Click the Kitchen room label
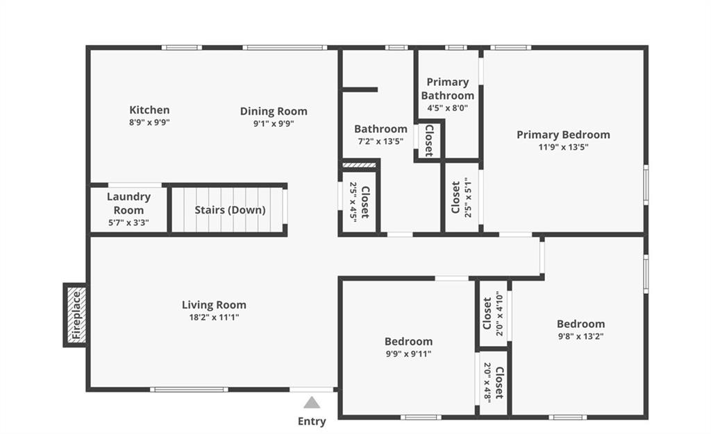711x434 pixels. point(149,110)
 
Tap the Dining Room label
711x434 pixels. point(274,112)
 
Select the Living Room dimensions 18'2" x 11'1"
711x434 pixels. point(214,318)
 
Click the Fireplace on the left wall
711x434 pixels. point(76,315)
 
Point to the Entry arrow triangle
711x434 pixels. point(312,402)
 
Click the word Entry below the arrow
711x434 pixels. point(312,422)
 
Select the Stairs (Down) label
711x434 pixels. point(230,210)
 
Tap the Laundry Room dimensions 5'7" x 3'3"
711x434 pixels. point(128,223)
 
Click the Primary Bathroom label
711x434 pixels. point(448,89)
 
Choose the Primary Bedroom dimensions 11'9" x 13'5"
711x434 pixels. point(563,147)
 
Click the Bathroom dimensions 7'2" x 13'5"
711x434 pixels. point(380,141)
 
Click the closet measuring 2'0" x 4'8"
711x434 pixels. point(494,383)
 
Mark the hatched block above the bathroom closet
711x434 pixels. point(359,165)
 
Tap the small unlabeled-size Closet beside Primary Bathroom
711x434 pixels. point(429,140)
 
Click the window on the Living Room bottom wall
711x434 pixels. point(189,389)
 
